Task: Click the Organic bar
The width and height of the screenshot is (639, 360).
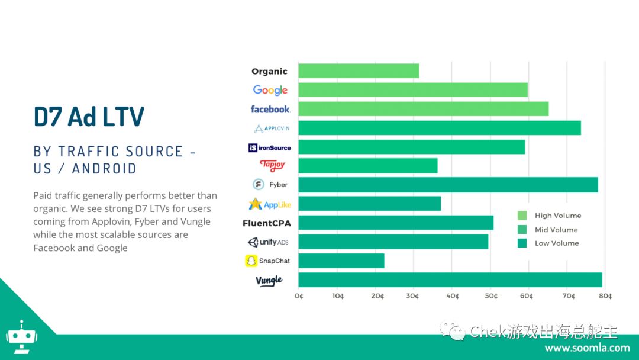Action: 359,71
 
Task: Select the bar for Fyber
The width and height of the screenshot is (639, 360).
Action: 448,185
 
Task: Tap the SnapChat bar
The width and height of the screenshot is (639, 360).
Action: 341,261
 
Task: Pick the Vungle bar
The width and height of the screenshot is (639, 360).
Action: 450,280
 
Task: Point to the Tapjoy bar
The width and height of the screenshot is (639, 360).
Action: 368,166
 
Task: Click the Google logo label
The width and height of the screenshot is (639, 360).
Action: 270,90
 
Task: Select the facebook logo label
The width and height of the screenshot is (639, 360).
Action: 270,110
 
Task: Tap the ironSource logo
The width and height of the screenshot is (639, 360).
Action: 269,147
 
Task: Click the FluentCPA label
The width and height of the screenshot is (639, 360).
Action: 267,223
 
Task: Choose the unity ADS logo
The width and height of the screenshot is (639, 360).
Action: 268,242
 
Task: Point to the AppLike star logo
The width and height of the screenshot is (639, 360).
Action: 255,204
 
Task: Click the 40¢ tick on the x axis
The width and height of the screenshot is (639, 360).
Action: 453,296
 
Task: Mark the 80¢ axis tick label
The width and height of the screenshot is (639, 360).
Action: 605,296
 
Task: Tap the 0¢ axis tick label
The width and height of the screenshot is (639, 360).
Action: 299,296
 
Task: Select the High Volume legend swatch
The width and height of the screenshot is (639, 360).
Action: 522,216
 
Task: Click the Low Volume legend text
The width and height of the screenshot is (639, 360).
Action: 557,243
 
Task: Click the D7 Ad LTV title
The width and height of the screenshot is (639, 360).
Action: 89,117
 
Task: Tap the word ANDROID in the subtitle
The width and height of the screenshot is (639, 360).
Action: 104,169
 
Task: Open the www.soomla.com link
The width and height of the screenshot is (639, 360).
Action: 588,348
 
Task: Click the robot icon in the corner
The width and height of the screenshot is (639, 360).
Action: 21,337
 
